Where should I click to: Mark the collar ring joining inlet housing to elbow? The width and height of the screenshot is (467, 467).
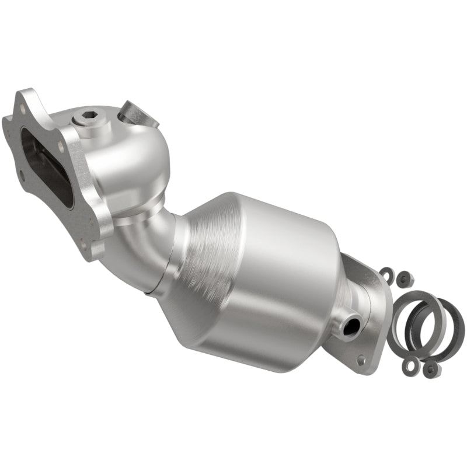point(140,210)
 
